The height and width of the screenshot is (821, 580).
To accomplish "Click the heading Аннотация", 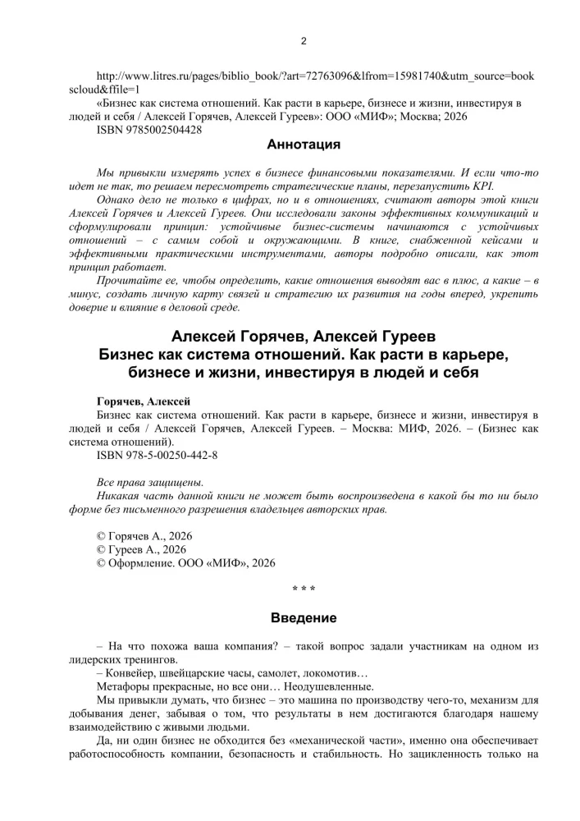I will [x=304, y=145].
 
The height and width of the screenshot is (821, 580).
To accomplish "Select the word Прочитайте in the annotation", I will [x=130, y=281].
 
